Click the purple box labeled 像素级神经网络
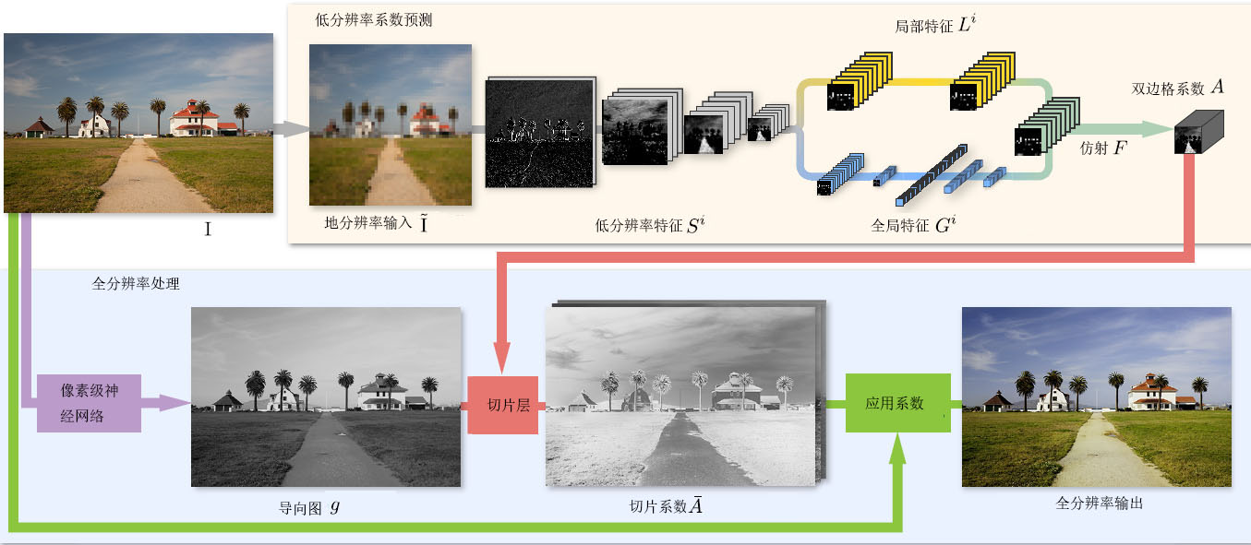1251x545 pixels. (x=89, y=403)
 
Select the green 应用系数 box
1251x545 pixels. (x=897, y=403)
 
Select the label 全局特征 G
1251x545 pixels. (x=912, y=225)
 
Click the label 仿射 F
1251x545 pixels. (x=1102, y=148)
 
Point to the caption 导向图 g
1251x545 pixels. (x=310, y=507)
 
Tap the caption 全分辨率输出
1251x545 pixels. (x=1099, y=504)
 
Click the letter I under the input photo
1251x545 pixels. (x=207, y=230)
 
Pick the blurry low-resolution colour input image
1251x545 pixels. (x=390, y=124)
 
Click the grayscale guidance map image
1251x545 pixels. (x=326, y=397)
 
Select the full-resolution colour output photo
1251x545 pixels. (x=1096, y=397)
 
